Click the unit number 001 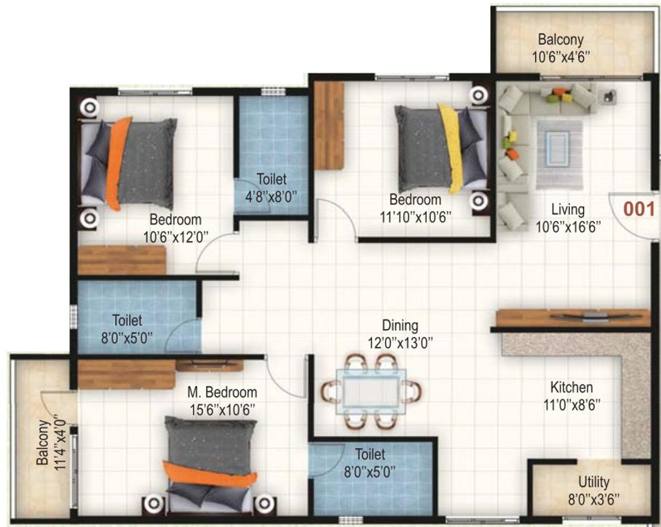pos(638,209)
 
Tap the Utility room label pos(593,481)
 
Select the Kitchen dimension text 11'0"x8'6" pos(571,405)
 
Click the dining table pos(371,393)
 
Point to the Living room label pos(568,209)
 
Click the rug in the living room pos(559,154)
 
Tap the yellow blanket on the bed pos(451,148)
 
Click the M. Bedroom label pos(222,392)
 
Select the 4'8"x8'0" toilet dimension pos(272,197)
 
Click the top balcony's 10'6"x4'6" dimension pos(561,57)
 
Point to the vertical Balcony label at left pos(42,443)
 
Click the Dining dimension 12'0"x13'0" pos(400,343)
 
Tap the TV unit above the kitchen pos(573,317)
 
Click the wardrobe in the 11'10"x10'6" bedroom pos(329,125)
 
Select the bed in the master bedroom pos(210,463)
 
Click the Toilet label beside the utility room pos(370,454)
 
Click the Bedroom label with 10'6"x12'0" pos(175,220)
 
